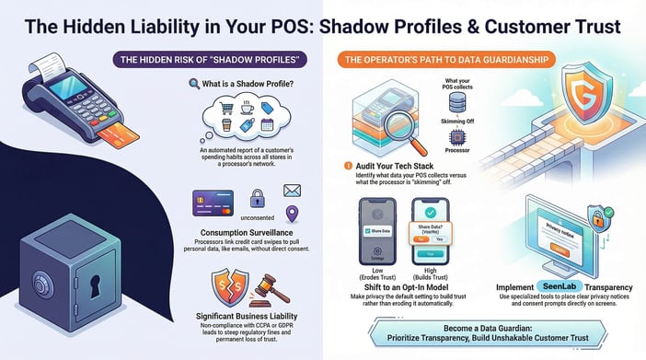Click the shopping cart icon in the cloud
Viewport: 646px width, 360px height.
click(227, 109)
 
